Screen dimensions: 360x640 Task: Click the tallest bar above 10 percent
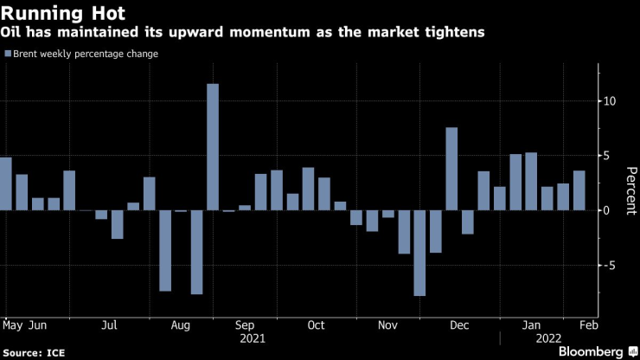213,147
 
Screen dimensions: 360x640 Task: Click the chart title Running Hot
64,14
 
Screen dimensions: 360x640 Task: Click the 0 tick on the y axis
607,210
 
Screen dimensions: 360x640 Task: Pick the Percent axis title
629,183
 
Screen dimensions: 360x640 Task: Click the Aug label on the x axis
181,325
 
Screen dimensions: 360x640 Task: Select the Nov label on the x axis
387,325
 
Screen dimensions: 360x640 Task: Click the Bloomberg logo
592,352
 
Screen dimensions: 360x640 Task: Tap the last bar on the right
579,190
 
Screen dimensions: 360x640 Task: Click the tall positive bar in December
451,169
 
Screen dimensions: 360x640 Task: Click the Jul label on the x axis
109,325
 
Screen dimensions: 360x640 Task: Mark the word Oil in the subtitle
16,33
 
